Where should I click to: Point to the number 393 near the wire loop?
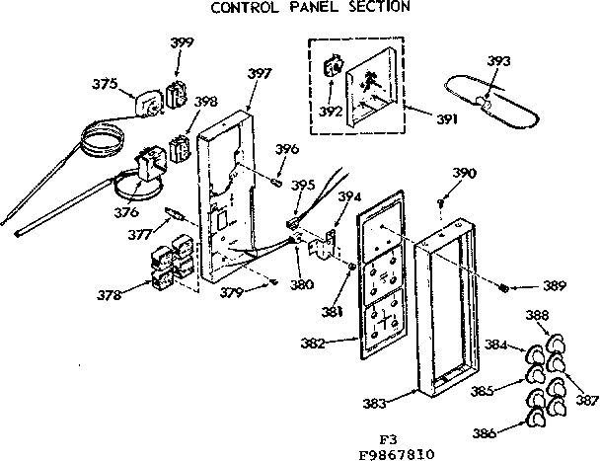pos(499,61)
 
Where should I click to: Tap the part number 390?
pos(464,173)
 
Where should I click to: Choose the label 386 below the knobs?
pos(483,430)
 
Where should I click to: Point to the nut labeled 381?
pos(353,269)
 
